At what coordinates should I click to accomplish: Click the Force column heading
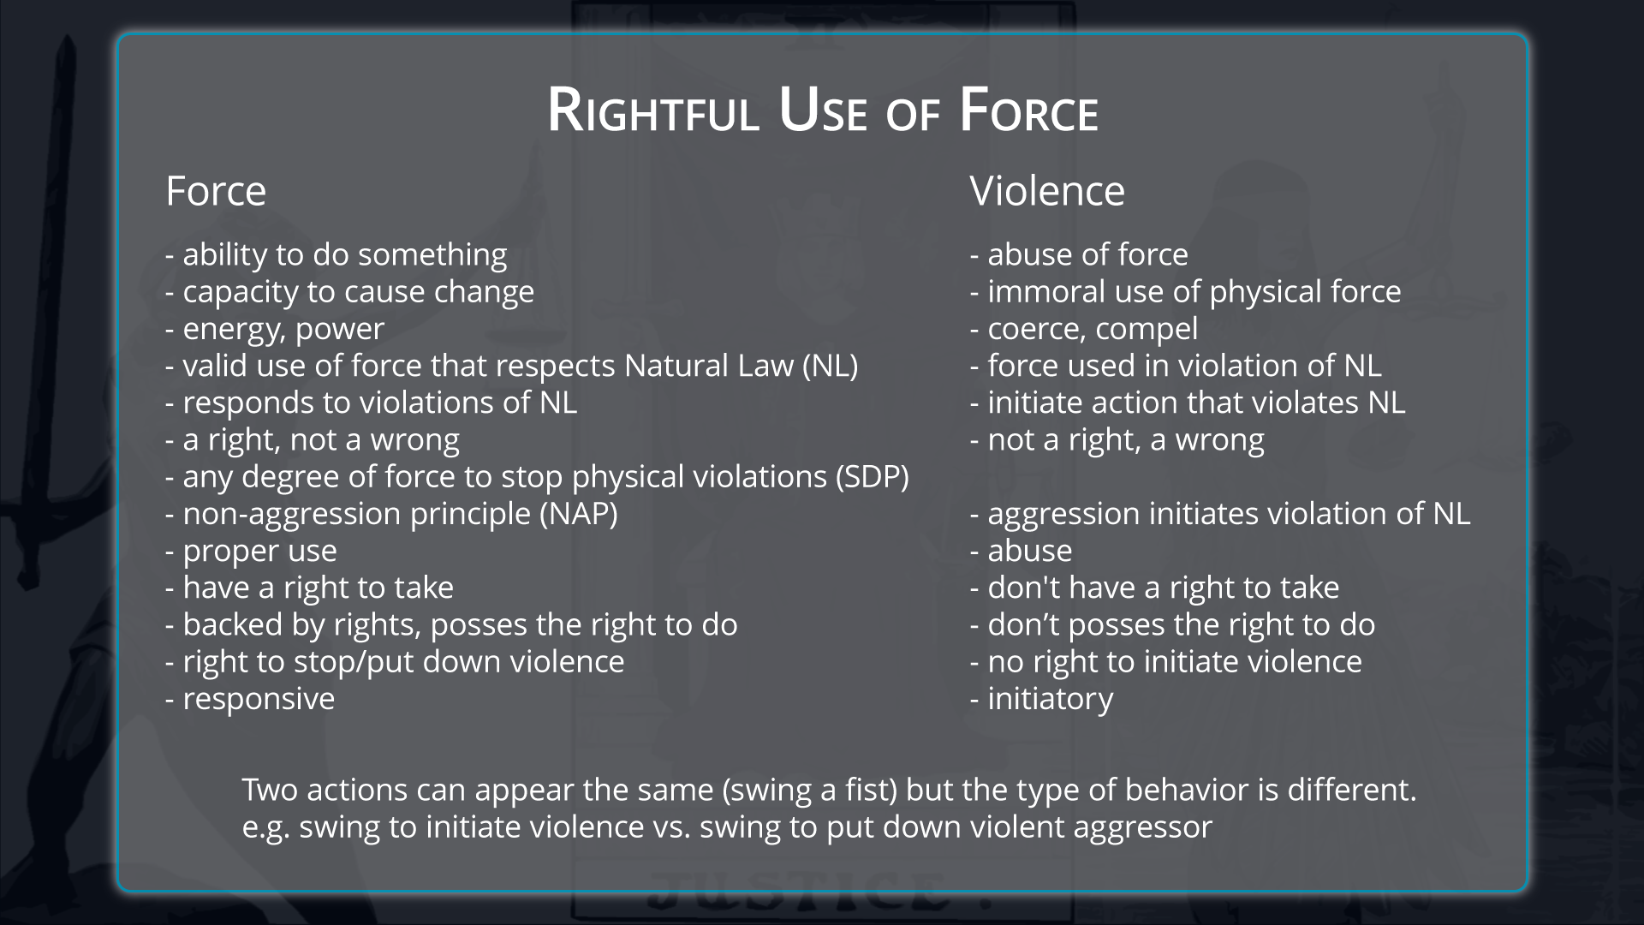pos(216,190)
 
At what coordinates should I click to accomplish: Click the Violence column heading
pos(1047,190)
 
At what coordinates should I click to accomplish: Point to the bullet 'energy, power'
pos(275,329)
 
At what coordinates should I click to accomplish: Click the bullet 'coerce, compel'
pos(1084,329)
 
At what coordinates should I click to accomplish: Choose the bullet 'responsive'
pos(250,699)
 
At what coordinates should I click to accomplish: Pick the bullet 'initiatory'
pos(1042,699)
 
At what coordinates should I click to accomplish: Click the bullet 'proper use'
pos(251,551)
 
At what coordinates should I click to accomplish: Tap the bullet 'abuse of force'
pos(1079,254)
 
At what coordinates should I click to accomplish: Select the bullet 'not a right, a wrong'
pos(1117,439)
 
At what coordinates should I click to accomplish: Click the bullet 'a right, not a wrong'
pos(313,439)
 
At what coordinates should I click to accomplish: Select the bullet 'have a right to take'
pos(309,588)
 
